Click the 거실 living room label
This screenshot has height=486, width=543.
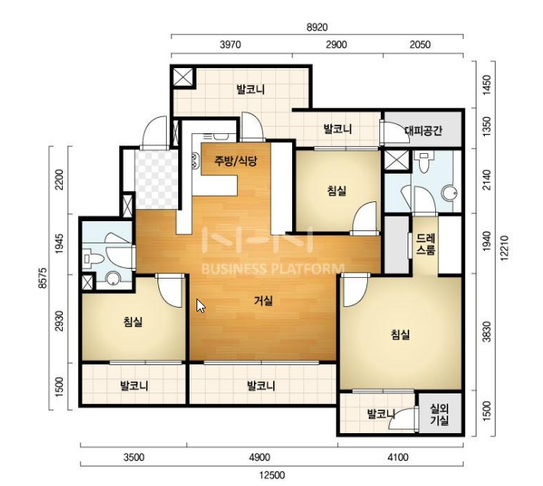[264, 301]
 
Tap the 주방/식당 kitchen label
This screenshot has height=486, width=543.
[236, 161]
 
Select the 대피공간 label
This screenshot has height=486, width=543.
[423, 131]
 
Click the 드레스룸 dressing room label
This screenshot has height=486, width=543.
[425, 244]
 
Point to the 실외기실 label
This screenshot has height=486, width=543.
[440, 415]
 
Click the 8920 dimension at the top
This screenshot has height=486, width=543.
[317, 27]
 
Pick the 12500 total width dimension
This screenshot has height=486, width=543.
[272, 475]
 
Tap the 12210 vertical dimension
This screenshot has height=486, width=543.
[504, 247]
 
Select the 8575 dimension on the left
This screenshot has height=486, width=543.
[42, 278]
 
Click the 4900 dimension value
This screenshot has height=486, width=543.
[260, 457]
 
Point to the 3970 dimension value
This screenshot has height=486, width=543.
[230, 44]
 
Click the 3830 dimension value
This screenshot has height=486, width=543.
[487, 331]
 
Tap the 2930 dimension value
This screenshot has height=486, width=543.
[60, 321]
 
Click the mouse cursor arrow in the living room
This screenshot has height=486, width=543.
[200, 305]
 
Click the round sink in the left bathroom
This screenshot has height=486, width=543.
[113, 279]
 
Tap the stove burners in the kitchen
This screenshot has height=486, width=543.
[195, 161]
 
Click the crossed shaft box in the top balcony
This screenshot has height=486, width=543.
[183, 77]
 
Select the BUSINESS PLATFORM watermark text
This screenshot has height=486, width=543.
[273, 269]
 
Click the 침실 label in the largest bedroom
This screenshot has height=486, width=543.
[400, 334]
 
